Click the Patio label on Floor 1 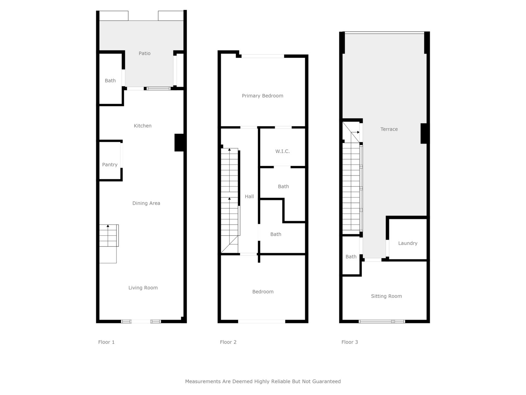pyautogui.click(x=145, y=53)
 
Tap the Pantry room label pyautogui.click(x=110, y=165)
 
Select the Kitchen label pyautogui.click(x=143, y=126)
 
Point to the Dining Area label pyautogui.click(x=146, y=203)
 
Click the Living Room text pyautogui.click(x=143, y=288)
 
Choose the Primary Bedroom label pyautogui.click(x=262, y=96)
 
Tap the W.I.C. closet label pyautogui.click(x=282, y=151)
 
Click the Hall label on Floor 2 pyautogui.click(x=249, y=197)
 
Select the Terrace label pyautogui.click(x=389, y=129)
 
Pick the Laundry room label pyautogui.click(x=408, y=243)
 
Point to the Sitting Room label pyautogui.click(x=386, y=296)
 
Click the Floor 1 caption pyautogui.click(x=107, y=342)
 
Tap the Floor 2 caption pyautogui.click(x=228, y=342)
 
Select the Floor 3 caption pyautogui.click(x=350, y=342)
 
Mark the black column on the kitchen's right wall pyautogui.click(x=179, y=143)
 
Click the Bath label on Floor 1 pyautogui.click(x=110, y=81)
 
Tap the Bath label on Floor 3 pyautogui.click(x=351, y=257)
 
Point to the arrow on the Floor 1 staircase pyautogui.click(x=108, y=235)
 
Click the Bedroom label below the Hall pyautogui.click(x=263, y=292)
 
